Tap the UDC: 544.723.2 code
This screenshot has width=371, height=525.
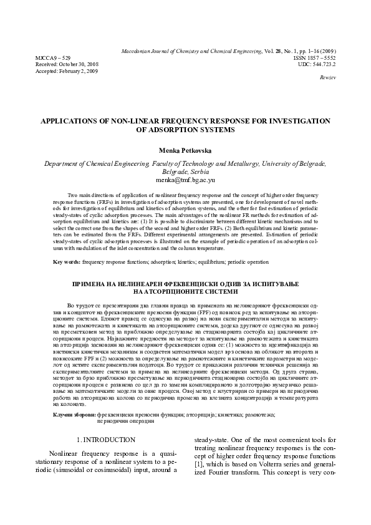[321, 64]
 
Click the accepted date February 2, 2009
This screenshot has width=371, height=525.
[72, 71]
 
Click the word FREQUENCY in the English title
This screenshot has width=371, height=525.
[201, 120]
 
